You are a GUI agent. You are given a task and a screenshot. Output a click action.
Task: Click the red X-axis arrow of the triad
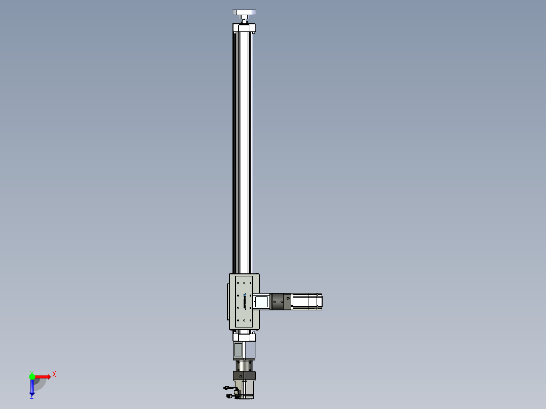tap(43, 377)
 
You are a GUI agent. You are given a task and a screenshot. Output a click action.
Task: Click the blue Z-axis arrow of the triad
tap(32, 386)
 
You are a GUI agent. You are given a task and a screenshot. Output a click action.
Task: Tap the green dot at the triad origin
tap(32, 376)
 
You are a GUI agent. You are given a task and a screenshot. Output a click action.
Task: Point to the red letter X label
tap(54, 375)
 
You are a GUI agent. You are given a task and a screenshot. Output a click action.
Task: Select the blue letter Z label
tap(32, 396)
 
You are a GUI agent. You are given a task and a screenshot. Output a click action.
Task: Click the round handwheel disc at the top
tap(244, 13)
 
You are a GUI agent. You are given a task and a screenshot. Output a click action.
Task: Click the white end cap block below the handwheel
tap(244, 28)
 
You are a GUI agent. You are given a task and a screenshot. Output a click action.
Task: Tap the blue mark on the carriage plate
tap(245, 295)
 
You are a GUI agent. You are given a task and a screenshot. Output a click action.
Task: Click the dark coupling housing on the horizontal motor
tap(282, 302)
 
